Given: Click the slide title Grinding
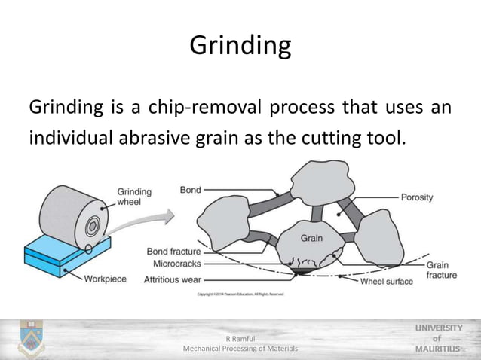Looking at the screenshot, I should click(240, 46).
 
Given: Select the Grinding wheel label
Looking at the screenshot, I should click(134, 197).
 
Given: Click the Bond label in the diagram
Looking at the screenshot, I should click(190, 190).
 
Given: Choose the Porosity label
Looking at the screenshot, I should click(416, 197).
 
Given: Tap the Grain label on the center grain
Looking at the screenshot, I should click(311, 238).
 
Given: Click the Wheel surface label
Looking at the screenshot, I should click(387, 281).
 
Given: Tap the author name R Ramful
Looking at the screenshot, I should click(240, 339).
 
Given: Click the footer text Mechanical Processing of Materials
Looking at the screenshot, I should click(240, 349).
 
